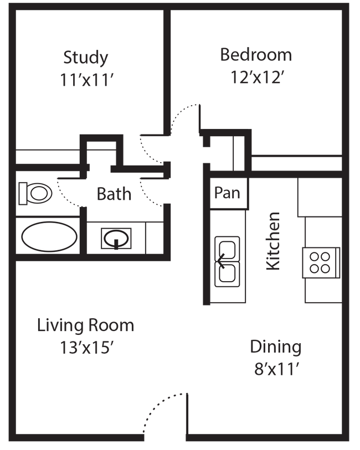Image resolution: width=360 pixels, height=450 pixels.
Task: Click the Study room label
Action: coord(86,57)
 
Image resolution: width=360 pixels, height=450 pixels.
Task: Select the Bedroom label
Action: coord(256,55)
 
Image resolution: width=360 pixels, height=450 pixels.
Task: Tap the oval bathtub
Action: coord(48,237)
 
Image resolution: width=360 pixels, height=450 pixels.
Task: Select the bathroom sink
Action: coord(116,239)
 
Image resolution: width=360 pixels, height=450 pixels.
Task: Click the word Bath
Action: coord(114,194)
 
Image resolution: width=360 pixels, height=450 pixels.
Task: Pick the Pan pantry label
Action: coord(227,194)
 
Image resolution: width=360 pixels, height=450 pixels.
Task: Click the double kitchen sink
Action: coord(227,262)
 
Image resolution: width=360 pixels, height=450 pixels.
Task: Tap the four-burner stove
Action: coord(320,262)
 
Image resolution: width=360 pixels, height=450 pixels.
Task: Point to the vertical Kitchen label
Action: coord(274,241)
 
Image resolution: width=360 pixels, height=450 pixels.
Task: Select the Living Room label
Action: coord(85,325)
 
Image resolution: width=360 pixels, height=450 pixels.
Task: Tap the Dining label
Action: coord(275,347)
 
